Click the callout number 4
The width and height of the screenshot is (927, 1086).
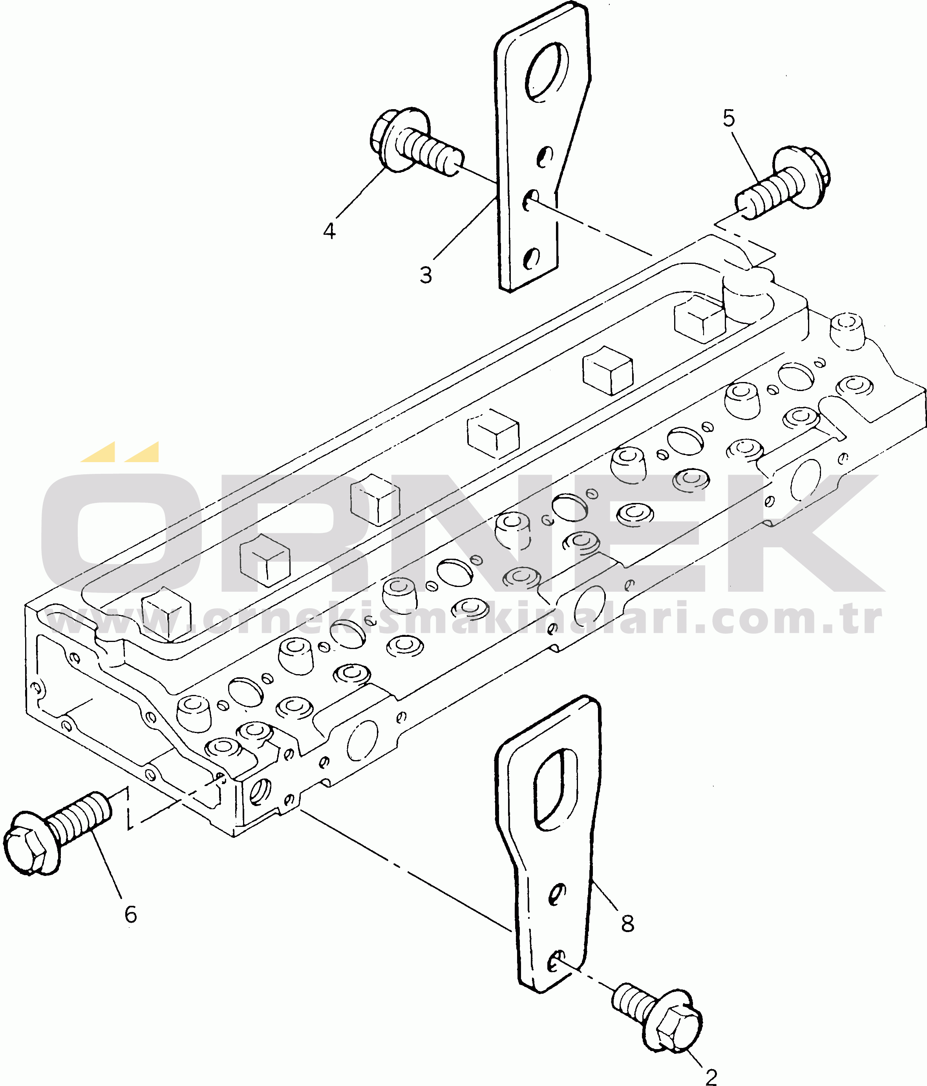tap(329, 230)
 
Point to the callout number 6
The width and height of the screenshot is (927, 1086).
tap(130, 914)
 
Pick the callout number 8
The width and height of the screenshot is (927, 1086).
tap(627, 923)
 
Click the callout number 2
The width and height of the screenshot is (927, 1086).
tap(711, 1077)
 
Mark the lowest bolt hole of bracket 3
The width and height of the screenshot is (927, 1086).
tap(532, 258)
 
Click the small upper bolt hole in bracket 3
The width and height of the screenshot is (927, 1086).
tap(545, 155)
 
